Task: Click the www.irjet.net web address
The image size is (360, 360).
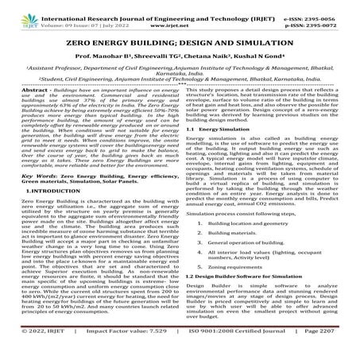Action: tap(180, 17)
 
